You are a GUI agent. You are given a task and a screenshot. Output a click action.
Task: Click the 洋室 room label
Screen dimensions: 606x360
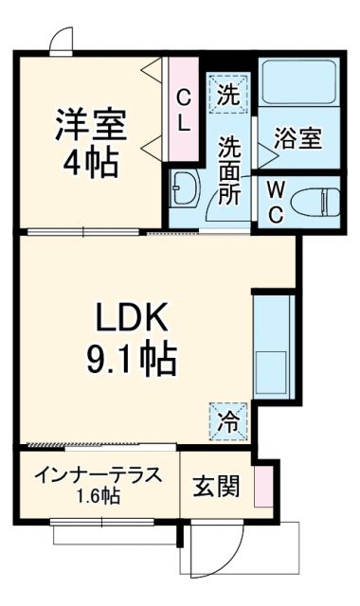click(91, 126)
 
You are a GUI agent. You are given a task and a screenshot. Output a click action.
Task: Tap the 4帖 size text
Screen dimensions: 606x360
click(91, 163)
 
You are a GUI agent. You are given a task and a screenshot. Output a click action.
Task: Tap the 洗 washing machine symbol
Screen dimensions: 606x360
click(227, 94)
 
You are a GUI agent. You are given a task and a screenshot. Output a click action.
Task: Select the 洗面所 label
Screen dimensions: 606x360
click(231, 170)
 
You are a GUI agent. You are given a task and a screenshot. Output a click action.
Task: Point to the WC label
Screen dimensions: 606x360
click(274, 201)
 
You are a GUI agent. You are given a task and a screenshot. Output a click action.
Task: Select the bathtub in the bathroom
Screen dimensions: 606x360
click(298, 83)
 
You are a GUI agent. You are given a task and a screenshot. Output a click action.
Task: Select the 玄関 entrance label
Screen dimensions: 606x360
click(216, 488)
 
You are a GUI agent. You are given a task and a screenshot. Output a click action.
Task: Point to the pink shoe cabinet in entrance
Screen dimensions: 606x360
click(262, 484)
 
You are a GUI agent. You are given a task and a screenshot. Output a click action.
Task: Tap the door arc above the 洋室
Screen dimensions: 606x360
click(60, 39)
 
